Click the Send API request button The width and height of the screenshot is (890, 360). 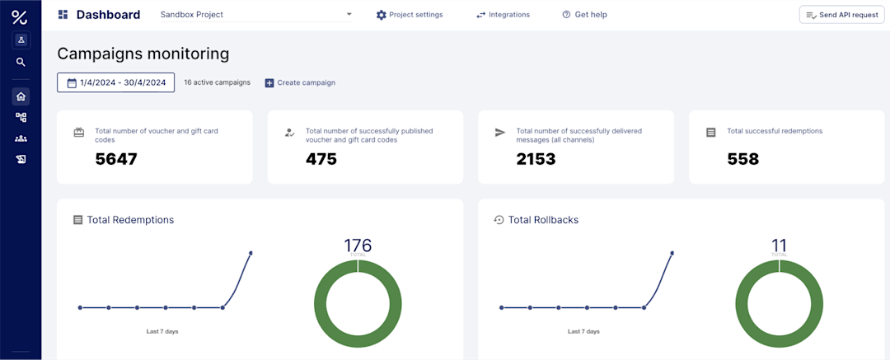click(841, 15)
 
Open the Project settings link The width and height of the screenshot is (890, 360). click(410, 15)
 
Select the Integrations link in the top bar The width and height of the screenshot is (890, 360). click(504, 15)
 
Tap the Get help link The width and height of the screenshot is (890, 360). click(585, 15)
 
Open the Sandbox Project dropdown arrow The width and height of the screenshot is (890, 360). click(349, 15)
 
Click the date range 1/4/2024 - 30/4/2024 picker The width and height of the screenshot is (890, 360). click(115, 82)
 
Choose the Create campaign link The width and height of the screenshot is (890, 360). click(300, 82)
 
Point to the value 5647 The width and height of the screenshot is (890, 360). click(116, 159)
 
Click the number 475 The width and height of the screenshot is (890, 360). click(321, 159)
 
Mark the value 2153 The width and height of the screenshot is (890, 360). click(536, 159)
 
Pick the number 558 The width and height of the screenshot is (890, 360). click(743, 159)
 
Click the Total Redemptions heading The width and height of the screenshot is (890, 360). click(130, 220)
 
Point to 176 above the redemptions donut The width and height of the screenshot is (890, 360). click(358, 245)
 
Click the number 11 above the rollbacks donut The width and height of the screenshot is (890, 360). click(779, 245)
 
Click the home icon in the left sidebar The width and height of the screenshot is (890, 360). click(21, 96)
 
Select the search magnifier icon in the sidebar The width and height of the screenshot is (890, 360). click(21, 62)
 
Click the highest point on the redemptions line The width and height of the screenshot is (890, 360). click(251, 253)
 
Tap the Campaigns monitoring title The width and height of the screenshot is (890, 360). click(143, 54)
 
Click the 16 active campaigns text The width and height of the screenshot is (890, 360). click(217, 82)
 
